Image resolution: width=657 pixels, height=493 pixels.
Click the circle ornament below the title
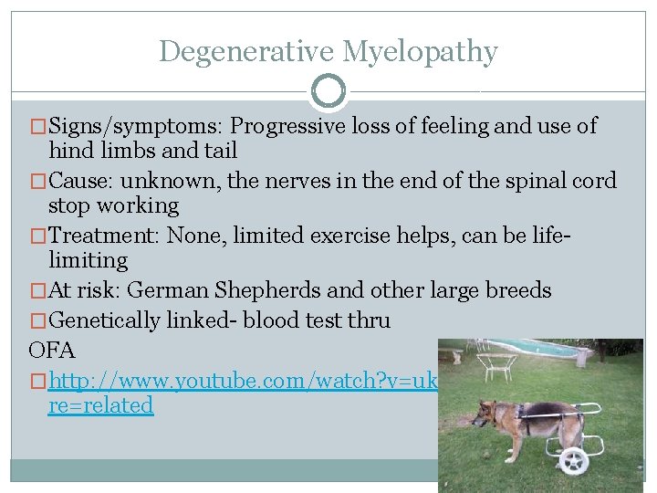coord(328,91)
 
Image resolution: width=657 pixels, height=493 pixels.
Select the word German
coord(169,290)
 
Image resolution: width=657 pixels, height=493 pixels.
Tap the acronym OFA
coord(51,350)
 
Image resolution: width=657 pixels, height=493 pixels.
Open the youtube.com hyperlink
coord(243,380)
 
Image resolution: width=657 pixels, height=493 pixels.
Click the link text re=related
coord(100,405)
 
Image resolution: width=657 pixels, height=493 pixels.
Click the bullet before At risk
coord(37,291)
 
